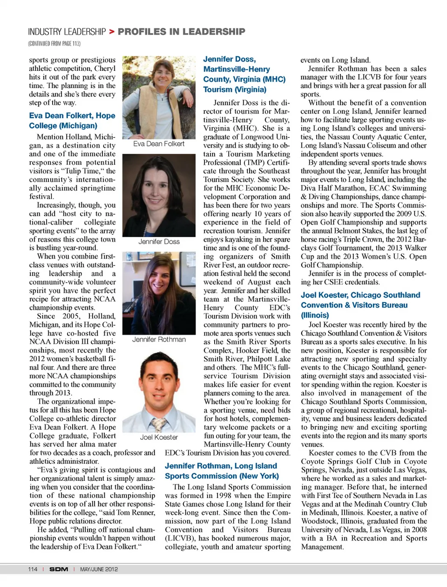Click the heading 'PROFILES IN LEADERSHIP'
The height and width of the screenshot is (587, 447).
[181, 32]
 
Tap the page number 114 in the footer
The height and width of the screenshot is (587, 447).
[33, 569]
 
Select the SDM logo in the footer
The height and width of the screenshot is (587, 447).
[59, 569]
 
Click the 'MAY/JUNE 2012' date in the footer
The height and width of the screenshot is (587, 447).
[99, 569]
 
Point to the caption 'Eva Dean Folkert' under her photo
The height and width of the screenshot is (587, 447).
[159, 144]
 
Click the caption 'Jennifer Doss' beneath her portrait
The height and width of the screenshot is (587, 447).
[159, 241]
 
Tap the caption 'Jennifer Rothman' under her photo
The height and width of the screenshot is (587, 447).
[159, 339]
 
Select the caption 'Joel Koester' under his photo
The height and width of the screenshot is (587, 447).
[159, 437]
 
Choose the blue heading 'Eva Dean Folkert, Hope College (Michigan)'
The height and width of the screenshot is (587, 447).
[72, 120]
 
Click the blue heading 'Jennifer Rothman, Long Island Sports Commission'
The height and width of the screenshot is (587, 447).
[222, 471]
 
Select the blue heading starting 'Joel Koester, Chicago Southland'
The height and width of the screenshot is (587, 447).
[360, 300]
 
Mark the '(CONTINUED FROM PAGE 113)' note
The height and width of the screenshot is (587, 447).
[54, 43]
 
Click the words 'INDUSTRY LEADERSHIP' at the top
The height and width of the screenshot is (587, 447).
[67, 32]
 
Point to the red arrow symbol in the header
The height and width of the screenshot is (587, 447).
[112, 32]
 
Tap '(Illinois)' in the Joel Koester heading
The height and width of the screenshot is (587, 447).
[315, 315]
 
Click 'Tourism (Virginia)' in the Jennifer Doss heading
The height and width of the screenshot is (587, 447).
[235, 89]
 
